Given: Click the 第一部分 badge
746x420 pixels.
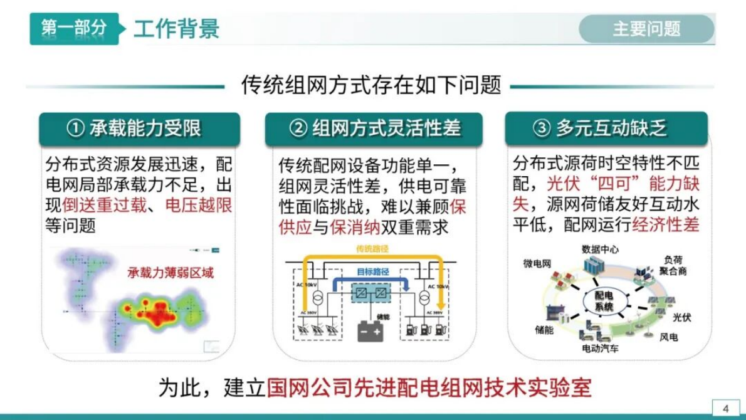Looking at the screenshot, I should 73,28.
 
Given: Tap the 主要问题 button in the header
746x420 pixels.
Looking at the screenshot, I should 646,29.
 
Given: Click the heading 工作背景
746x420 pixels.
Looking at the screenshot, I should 176,29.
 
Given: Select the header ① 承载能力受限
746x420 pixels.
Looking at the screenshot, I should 139,129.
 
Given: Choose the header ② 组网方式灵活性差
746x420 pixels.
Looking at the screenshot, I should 374,129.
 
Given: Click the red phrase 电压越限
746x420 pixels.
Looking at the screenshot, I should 199,205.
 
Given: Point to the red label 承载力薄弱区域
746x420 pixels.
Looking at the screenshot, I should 171,273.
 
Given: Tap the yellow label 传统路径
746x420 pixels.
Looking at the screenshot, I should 372,249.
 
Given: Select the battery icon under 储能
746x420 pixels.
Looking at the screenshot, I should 370,331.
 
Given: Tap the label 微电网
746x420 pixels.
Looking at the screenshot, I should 537,263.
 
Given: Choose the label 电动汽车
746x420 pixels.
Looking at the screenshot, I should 600,348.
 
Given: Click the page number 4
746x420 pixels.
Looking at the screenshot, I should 726,409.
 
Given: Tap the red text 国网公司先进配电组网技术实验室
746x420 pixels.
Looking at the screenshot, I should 429,387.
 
